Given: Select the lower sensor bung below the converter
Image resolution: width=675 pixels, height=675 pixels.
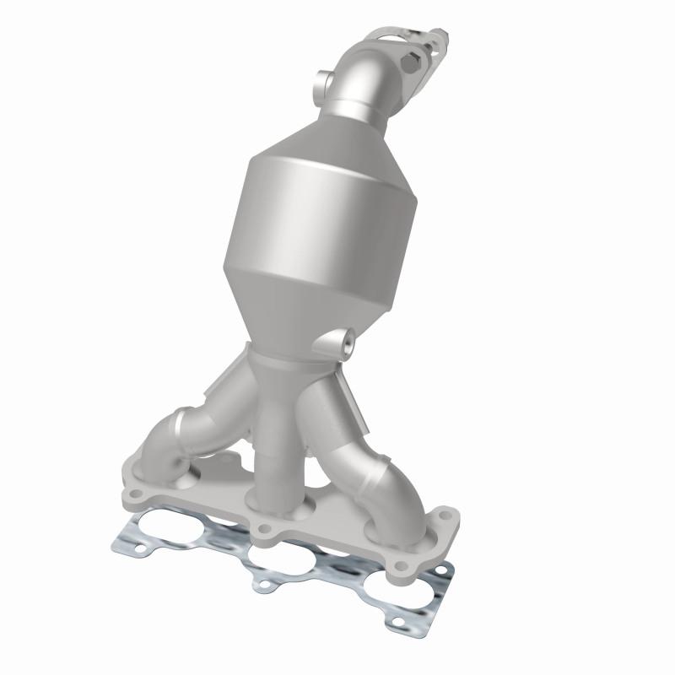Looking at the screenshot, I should click(345, 343).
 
